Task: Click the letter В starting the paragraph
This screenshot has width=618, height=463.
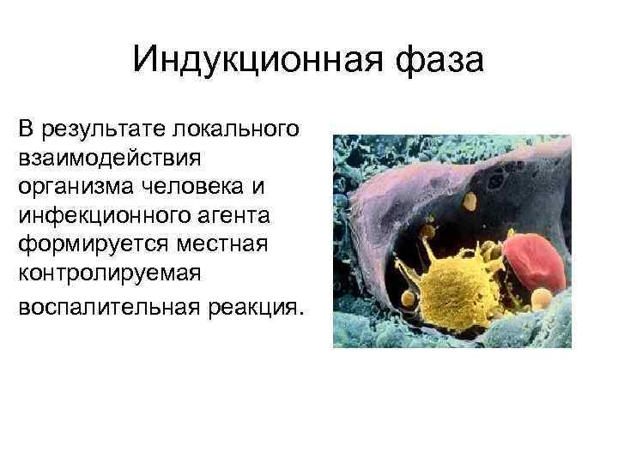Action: (25, 129)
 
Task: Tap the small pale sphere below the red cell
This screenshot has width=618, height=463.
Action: (542, 298)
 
